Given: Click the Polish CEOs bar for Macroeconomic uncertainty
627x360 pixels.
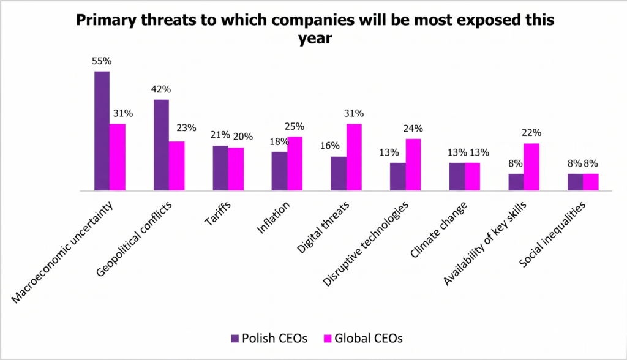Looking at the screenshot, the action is [x=102, y=131].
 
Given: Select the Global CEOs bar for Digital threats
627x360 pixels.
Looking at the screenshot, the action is [x=354, y=157].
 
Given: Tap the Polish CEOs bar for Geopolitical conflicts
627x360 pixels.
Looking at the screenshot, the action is [x=161, y=145].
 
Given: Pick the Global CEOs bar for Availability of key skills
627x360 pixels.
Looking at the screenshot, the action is [x=531, y=167].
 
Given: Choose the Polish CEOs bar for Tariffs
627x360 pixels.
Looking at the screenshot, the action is [x=220, y=168].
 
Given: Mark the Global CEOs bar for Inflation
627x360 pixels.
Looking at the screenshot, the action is [x=295, y=163].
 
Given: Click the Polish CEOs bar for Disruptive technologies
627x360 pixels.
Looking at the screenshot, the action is [x=398, y=176].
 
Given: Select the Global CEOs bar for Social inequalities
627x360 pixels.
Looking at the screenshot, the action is [x=591, y=182].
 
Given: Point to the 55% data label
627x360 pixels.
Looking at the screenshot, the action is [x=102, y=61].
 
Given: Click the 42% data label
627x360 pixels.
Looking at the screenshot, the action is [x=161, y=89].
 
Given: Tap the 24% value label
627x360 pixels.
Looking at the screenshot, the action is [x=413, y=129].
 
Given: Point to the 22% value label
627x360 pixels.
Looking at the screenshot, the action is [x=531, y=132].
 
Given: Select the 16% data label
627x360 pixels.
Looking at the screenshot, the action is [x=330, y=146].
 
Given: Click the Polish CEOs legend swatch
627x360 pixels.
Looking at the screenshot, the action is [x=235, y=339].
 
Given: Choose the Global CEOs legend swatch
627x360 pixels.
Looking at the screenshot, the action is [x=328, y=339].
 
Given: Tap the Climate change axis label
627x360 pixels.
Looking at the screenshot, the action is [x=438, y=230].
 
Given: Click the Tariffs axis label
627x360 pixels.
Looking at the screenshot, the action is [x=218, y=214].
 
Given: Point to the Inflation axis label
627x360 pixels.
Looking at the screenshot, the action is [x=273, y=217].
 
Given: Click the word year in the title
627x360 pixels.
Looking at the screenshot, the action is [x=315, y=39].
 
